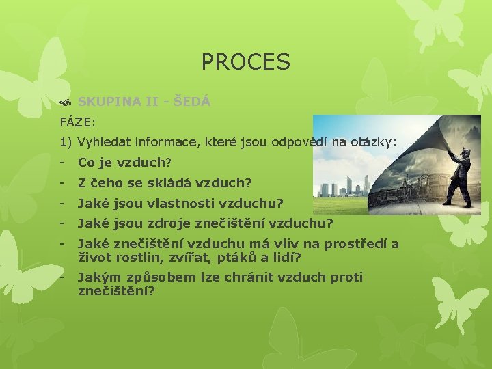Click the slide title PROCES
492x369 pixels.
(246, 63)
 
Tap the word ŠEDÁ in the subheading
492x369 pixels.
(192, 102)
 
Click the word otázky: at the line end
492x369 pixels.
(373, 143)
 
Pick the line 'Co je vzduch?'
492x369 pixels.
(124, 163)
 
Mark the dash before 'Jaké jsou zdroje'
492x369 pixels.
(62, 223)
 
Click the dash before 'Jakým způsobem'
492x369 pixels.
(62, 277)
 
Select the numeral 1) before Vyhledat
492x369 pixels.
(66, 143)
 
